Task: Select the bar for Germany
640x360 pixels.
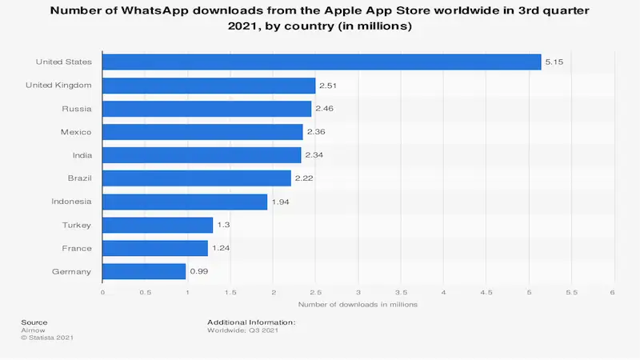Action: tap(144, 271)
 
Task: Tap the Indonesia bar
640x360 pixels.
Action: tap(185, 202)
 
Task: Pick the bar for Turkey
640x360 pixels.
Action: tap(158, 225)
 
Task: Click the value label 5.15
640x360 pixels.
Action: tap(552, 62)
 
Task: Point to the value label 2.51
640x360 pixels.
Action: tap(328, 86)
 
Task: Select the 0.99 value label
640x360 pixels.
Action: tap(198, 271)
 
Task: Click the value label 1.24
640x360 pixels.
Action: tap(220, 248)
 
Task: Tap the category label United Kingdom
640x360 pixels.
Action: tap(58, 86)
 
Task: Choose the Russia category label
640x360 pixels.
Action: tap(77, 109)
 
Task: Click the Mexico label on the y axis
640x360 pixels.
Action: tap(76, 132)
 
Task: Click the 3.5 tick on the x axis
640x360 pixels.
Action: tap(401, 292)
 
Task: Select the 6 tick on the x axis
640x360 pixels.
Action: tap(613, 292)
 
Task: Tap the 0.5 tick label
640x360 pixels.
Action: tap(145, 292)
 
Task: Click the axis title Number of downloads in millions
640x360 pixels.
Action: tap(358, 305)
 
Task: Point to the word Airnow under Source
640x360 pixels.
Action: tap(32, 329)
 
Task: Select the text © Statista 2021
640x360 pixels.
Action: tap(47, 337)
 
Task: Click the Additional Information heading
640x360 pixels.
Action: tap(251, 322)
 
